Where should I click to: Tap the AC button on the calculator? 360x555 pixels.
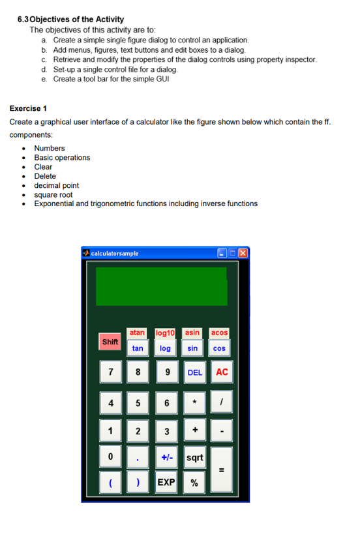[x=222, y=372]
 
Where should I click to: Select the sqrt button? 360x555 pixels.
[x=194, y=457]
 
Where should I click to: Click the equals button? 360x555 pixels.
[x=222, y=470]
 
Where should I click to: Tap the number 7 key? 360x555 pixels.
[x=111, y=372]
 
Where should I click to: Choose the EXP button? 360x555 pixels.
[x=166, y=483]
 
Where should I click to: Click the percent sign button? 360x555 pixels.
[x=194, y=483]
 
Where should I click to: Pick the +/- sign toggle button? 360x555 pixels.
[x=166, y=457]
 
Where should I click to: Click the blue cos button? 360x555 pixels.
[x=220, y=348]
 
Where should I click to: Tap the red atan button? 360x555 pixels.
[x=137, y=333]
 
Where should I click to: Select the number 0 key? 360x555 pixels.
[x=111, y=457]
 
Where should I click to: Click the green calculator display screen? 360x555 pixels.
[x=162, y=286]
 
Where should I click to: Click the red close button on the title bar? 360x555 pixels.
[x=243, y=253]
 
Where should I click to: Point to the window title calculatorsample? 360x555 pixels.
[x=115, y=253]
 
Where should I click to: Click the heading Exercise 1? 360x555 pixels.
[x=28, y=108]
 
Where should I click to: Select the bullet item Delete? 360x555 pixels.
[x=45, y=176]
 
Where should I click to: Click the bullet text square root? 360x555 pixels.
[x=53, y=194]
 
